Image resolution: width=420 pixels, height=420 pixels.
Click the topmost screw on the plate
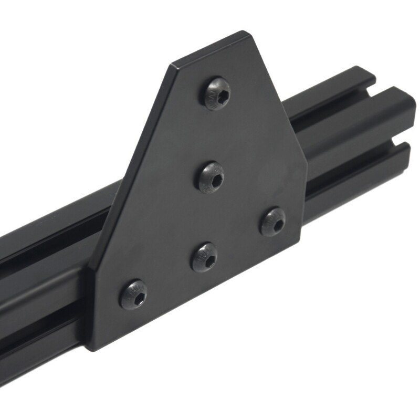tap(217, 93)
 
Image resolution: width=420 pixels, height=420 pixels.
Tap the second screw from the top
tap(211, 177)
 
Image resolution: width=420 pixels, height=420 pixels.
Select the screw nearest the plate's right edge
tap(273, 221)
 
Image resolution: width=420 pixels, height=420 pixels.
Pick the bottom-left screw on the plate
tap(133, 294)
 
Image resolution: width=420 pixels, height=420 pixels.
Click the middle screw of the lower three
tap(204, 257)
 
